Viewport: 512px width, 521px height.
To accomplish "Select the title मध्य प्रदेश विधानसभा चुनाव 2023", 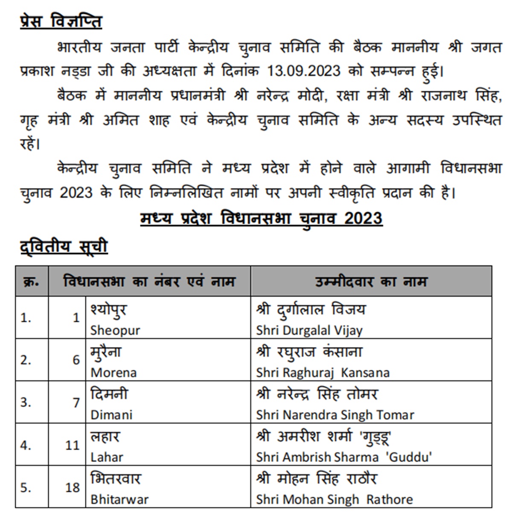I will (261, 219).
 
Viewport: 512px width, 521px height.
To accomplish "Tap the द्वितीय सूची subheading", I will (64, 247).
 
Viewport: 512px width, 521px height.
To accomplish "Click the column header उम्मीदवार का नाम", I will (371, 282).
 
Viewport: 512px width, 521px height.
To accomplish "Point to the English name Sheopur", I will (115, 330).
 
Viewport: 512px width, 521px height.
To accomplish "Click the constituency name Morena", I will (113, 373).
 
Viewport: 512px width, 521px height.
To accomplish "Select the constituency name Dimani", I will (111, 415).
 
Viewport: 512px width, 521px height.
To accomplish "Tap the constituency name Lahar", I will (107, 457).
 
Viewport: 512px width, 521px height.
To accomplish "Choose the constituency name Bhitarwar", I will (119, 499).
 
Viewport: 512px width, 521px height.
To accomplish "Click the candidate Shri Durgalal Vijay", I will (309, 330).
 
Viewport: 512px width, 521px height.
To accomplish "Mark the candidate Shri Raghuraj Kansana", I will (323, 373).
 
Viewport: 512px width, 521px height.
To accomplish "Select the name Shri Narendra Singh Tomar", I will (335, 415).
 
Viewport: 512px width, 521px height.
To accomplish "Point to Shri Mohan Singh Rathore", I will (335, 499).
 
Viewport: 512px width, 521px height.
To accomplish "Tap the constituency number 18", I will (73, 487).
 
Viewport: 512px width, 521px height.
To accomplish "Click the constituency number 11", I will (73, 445).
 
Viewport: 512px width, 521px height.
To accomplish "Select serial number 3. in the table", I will (26, 402).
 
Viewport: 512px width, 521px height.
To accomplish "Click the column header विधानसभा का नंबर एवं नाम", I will (149, 282).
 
